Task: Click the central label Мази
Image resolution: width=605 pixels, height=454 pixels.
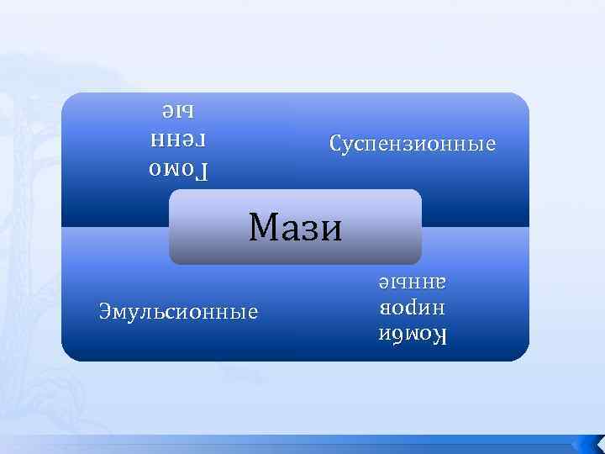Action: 296,227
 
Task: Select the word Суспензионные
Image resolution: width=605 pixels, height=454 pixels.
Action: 413,144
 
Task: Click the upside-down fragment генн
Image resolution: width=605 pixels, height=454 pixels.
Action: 178,140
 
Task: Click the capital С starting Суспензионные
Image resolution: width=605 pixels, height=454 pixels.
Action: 336,144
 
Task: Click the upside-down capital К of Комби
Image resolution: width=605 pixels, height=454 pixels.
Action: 440,337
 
